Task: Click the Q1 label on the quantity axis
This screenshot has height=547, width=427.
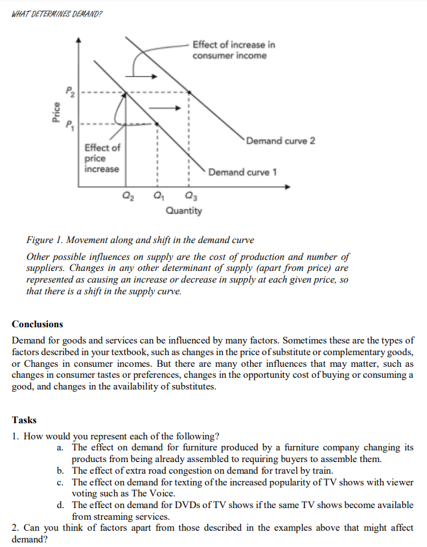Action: click(157, 197)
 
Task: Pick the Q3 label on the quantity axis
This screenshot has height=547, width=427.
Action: click(189, 197)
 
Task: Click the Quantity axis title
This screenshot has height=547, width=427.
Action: click(183, 211)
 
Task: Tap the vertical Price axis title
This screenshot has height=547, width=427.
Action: click(56, 113)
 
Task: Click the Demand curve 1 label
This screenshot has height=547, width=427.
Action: click(243, 172)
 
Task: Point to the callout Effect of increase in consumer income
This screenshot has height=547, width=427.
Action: click(233, 50)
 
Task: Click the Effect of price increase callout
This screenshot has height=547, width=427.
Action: click(102, 158)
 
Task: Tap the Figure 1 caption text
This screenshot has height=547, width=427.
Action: click(140, 240)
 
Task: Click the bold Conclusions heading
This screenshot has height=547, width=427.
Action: click(38, 324)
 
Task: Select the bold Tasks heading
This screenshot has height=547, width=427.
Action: click(25, 420)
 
